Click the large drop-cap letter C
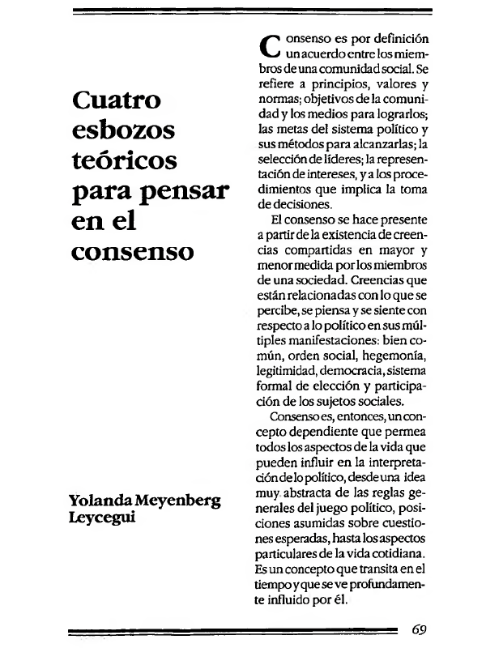click(x=266, y=48)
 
